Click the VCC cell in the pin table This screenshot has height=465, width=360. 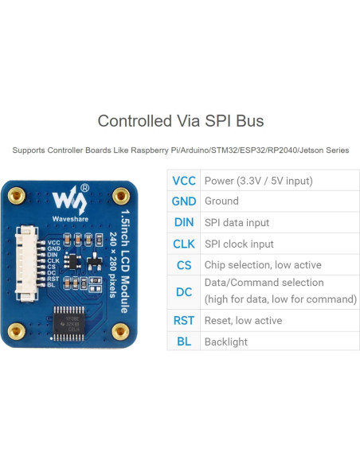[184, 181]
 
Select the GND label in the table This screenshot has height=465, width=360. [184, 201]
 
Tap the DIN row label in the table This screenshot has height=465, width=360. [184, 223]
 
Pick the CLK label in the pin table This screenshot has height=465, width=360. [184, 244]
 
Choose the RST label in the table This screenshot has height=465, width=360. [184, 320]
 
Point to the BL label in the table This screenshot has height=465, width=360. [184, 342]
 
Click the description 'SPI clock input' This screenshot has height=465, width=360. [239, 244]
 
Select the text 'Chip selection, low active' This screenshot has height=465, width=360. [263, 265]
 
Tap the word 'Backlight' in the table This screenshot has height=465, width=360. [226, 342]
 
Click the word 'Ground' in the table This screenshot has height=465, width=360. [221, 201]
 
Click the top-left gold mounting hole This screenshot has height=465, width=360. [15, 194]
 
